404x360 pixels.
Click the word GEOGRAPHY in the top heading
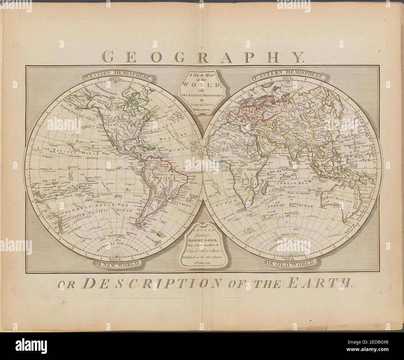point(202,57)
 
